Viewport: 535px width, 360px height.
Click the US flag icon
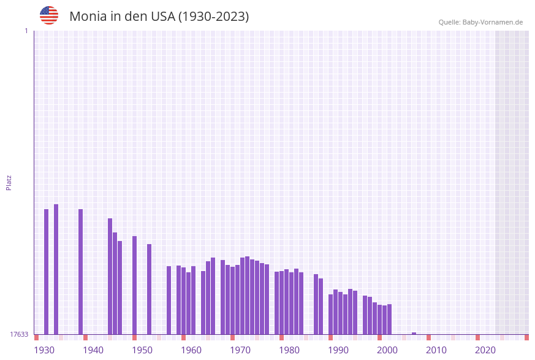[x=49, y=15]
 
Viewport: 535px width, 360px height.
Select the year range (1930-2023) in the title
[x=213, y=17]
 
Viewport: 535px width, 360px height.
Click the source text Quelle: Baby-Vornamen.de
[x=480, y=22]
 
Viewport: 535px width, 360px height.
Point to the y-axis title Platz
[x=9, y=182]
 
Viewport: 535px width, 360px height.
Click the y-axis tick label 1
[x=26, y=31]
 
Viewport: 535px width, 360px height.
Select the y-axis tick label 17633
[x=19, y=334]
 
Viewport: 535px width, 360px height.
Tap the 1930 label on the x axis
[x=44, y=350]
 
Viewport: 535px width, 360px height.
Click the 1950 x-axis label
[x=142, y=350]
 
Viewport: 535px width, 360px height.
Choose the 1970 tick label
[x=240, y=350]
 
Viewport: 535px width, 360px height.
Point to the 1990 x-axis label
[x=338, y=350]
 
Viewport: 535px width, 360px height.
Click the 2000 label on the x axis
[x=387, y=350]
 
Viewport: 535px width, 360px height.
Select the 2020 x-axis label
[x=485, y=350]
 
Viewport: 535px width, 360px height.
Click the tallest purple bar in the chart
[x=56, y=269]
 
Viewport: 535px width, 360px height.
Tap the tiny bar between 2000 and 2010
[x=414, y=334]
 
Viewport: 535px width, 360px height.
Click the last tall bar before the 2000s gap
[x=389, y=319]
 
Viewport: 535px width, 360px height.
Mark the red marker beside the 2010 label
[x=428, y=337]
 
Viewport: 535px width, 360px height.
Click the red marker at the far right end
[x=526, y=337]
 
